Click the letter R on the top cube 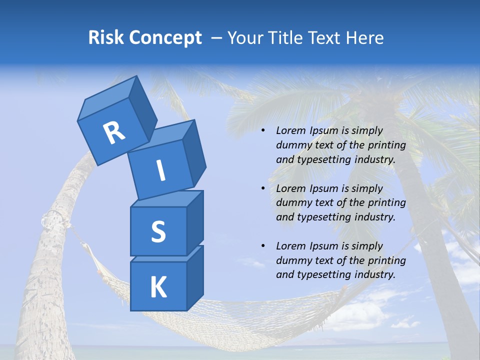point(114,133)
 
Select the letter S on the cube point(158,231)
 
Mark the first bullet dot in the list point(263,131)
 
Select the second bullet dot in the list point(263,188)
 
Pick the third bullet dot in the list point(263,246)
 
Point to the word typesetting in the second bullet point(320,217)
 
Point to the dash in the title point(217,38)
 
